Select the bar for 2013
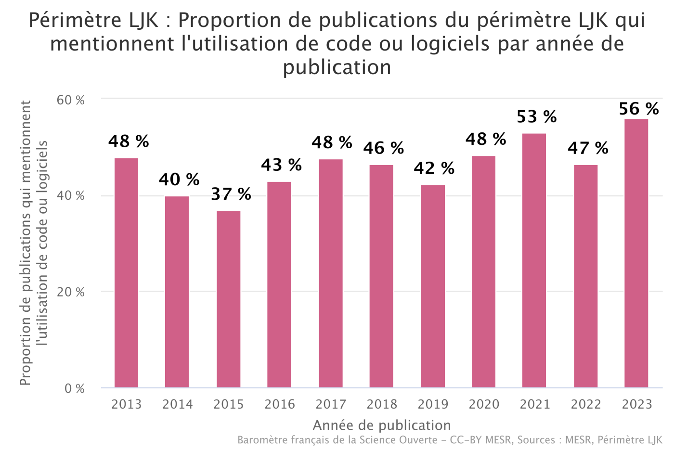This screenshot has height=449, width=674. coord(126,273)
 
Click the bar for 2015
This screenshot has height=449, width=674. coord(228,299)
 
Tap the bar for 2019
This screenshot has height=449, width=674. coord(433,286)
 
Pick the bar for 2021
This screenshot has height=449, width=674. coord(534,260)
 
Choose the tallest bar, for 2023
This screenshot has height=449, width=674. coord(636,253)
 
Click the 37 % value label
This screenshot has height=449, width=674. coord(231,194)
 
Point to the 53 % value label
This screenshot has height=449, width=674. coord(537,117)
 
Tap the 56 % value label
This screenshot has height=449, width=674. coord(639,109)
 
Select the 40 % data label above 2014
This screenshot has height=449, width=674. coord(179,180)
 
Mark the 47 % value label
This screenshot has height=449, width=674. coord(588,148)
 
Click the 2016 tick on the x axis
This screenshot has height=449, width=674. coord(280,404)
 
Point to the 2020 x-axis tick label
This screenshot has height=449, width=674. coord(484,404)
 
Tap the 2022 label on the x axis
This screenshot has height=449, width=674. coord(586,404)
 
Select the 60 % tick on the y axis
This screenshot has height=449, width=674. coord(71,100)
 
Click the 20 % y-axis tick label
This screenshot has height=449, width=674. coord(71,292)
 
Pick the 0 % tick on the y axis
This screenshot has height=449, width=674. coord(75,388)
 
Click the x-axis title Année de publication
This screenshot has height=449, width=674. coord(382,425)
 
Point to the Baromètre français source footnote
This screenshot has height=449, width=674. coord(450,440)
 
